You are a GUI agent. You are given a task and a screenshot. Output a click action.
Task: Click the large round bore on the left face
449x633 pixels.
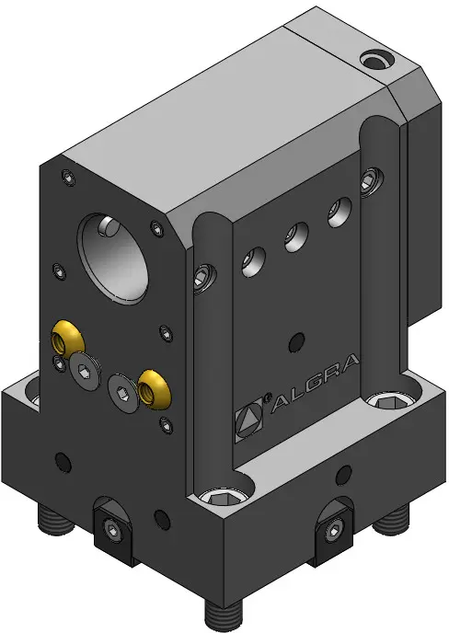tap(114, 259)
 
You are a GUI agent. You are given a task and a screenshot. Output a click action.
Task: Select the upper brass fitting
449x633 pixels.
tap(66, 340)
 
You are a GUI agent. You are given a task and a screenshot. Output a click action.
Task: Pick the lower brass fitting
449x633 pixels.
tap(155, 388)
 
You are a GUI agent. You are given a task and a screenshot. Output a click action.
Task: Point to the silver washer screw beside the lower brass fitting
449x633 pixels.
tap(123, 393)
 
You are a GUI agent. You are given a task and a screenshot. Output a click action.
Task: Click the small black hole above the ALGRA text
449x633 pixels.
tap(297, 342)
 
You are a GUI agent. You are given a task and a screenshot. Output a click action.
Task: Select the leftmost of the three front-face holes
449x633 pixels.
tap(254, 261)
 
